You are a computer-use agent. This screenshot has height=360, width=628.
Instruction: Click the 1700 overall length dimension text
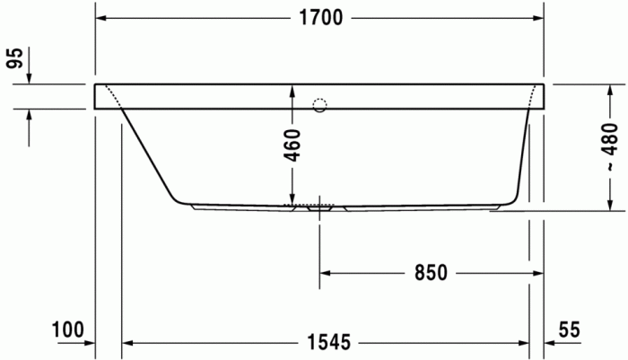point(320,19)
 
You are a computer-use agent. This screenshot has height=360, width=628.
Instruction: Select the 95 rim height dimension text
point(14,59)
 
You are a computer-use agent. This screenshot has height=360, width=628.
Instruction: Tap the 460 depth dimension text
point(292,145)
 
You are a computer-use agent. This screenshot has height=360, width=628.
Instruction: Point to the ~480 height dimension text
point(610,149)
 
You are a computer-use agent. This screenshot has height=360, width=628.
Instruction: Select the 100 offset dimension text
point(67,329)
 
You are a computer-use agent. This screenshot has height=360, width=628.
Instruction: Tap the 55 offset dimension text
point(569,329)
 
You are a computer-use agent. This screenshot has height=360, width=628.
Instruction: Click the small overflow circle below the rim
point(318,104)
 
